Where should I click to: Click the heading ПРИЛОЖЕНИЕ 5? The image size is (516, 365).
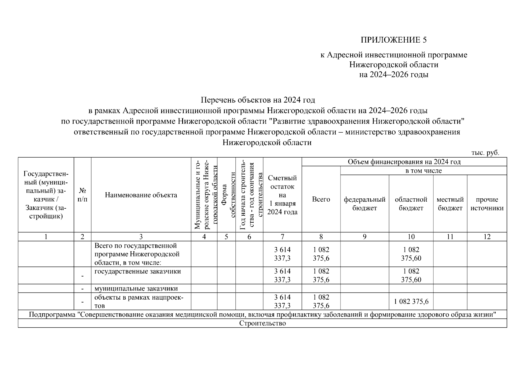393,40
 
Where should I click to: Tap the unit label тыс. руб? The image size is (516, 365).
485,153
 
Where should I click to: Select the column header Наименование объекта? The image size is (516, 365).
141,195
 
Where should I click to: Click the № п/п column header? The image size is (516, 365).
82,195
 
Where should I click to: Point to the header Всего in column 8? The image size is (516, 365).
321,199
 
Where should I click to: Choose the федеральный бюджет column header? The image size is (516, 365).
364,203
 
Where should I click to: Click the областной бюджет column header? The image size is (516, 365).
411,203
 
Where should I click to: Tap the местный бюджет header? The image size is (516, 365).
450,203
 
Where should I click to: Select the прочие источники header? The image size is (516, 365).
487,203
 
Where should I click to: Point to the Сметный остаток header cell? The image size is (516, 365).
282,195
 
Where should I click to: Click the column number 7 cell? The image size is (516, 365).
282,237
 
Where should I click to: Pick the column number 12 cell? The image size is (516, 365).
487,237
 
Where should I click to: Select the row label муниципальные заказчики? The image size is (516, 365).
136,288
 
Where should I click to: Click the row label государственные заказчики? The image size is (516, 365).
137,271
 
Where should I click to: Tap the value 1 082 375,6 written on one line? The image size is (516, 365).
411,301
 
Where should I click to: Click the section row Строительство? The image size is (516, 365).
262,323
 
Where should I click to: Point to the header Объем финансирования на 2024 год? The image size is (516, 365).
404,162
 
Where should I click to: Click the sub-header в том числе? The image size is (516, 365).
423,171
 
